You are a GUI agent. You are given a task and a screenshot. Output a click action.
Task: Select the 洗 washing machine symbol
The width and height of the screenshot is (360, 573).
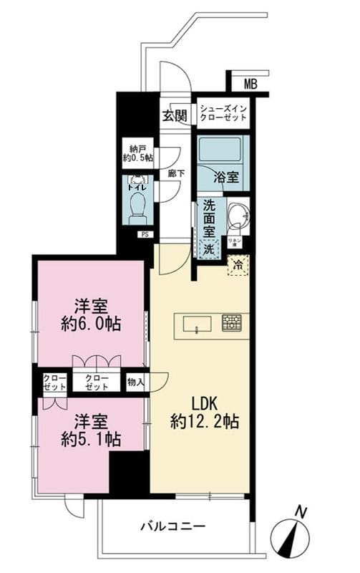click(x=208, y=249)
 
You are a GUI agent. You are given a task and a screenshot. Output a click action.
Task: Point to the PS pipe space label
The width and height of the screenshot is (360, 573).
click(x=144, y=233)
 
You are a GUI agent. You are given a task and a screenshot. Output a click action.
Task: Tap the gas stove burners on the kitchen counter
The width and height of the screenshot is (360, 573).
click(x=231, y=322)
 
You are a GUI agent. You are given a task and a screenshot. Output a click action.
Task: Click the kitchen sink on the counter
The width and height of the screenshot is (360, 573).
click(x=196, y=324)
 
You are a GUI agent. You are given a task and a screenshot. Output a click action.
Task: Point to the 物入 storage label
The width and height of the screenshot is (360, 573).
click(x=135, y=382)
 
